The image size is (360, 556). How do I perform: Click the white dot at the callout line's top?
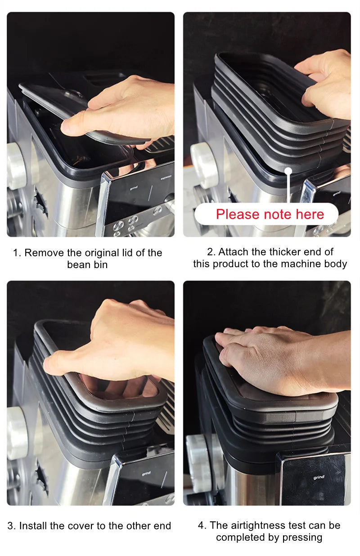(x=288, y=171)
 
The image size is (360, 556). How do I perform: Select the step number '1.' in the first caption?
(x=17, y=253)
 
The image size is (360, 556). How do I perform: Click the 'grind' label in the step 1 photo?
(x=134, y=188)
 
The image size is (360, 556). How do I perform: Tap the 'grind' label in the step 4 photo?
(x=319, y=477)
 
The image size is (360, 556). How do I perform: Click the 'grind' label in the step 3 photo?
(x=146, y=474)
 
